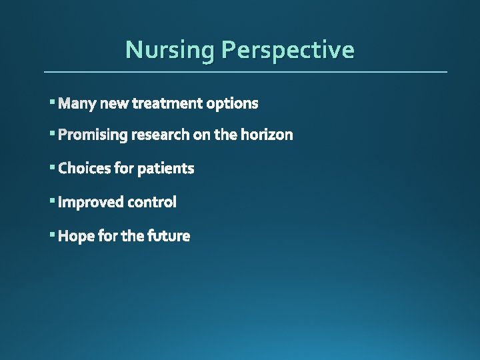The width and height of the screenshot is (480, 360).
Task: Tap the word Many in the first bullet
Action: [77, 103]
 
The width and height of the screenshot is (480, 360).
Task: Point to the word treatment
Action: [167, 103]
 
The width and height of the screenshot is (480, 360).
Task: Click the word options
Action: [232, 103]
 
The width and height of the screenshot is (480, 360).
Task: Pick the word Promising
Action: [93, 135]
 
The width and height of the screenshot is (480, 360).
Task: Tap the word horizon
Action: [267, 135]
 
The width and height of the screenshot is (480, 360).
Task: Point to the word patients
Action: [166, 169]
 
